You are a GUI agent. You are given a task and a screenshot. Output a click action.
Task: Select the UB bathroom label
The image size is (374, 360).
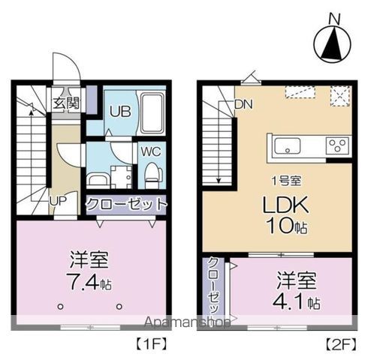pos(119,112)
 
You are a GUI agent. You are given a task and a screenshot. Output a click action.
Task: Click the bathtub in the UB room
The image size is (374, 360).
pos(152,113)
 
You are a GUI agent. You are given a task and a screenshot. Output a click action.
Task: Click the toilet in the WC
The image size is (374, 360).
pos(152,174)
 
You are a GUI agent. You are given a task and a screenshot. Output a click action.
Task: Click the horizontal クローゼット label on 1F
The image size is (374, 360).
pos(125,204)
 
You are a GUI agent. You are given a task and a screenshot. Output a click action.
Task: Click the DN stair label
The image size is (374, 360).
pos(243,104)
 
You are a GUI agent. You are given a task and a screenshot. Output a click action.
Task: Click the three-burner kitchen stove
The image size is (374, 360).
pos(336,145)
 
